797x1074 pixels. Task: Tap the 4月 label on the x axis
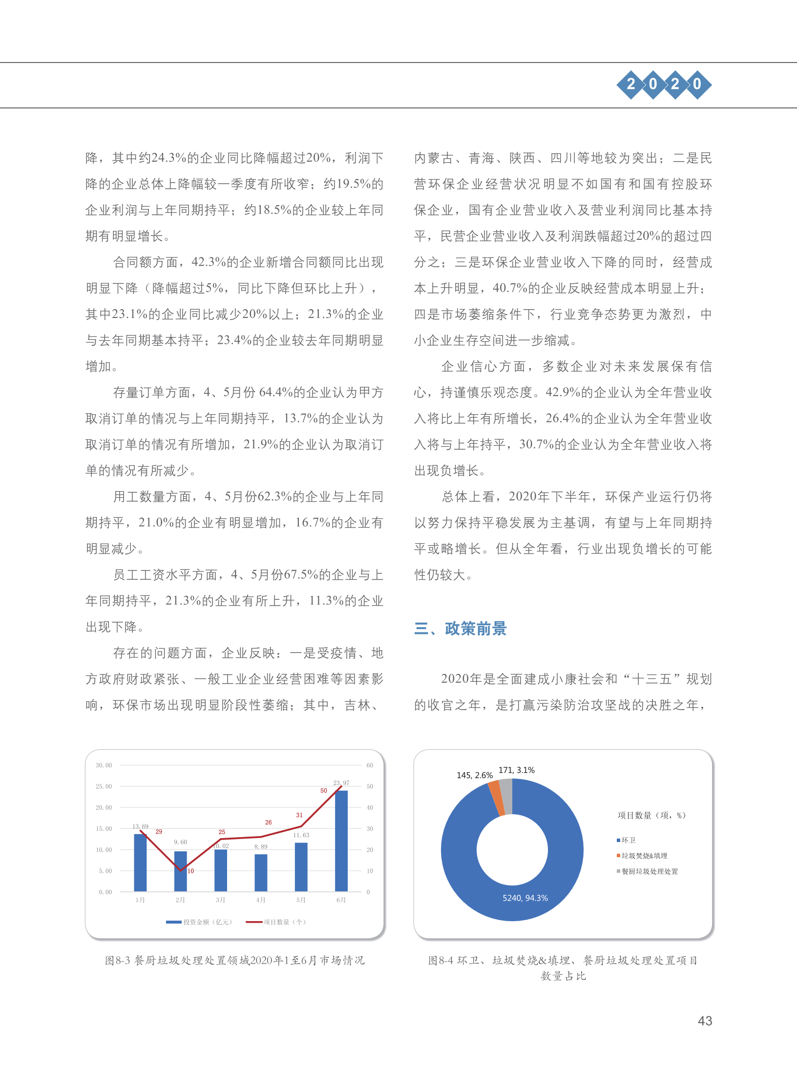(x=261, y=900)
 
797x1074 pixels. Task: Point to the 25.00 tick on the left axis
(x=104, y=786)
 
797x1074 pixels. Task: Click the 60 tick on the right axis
(x=370, y=765)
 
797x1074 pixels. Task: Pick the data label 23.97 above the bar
(x=341, y=782)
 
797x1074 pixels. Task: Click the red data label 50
(x=324, y=790)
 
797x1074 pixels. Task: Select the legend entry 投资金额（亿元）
(x=200, y=922)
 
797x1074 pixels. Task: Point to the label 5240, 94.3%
(x=525, y=898)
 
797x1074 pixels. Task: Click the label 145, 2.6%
(x=474, y=775)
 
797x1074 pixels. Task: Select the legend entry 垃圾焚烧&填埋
(x=644, y=856)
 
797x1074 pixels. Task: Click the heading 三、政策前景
(x=460, y=629)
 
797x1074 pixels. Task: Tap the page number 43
(x=705, y=1021)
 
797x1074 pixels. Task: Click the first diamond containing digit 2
(x=631, y=84)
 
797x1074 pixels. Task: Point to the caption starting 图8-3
(x=235, y=960)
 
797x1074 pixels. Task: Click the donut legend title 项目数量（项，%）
(x=651, y=815)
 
